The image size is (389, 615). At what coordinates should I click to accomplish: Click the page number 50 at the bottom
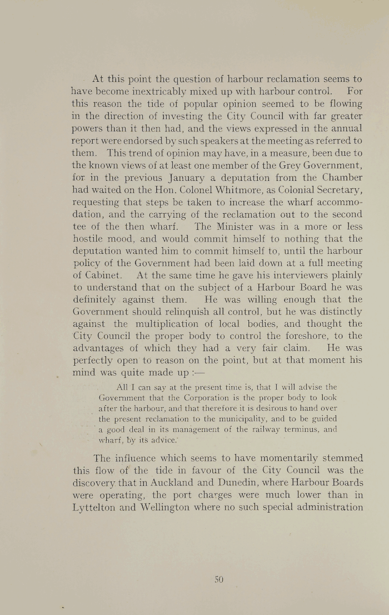coord(218,579)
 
